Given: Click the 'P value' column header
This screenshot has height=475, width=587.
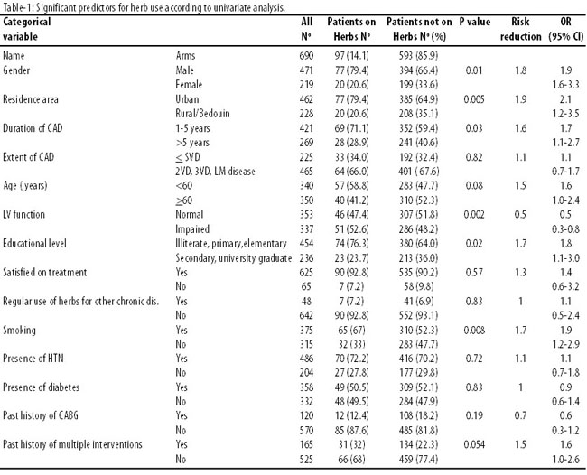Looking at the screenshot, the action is click(475, 22).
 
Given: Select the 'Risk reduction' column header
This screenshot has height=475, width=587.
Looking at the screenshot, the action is click(521, 29).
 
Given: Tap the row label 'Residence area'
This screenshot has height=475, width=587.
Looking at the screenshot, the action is click(31, 99).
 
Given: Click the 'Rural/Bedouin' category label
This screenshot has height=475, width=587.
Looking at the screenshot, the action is click(202, 114).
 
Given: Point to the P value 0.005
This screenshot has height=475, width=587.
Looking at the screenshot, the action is click(474, 99).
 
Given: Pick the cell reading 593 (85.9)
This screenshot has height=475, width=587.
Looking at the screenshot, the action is click(418, 56).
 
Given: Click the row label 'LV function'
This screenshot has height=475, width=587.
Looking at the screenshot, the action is click(23, 215).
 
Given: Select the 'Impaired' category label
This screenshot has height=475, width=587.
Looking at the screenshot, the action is click(192, 229).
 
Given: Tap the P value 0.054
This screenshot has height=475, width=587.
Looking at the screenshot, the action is click(474, 444).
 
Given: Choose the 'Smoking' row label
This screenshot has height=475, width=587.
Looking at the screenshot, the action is click(20, 331).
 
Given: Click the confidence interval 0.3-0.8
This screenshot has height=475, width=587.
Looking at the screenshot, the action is click(565, 229).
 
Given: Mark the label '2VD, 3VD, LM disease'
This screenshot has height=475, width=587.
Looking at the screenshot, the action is click(215, 172).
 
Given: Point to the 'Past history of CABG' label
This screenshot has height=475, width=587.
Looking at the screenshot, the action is click(41, 416).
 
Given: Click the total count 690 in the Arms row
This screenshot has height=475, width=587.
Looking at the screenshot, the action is click(306, 56).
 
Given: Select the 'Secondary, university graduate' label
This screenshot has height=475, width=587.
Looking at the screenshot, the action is click(234, 258).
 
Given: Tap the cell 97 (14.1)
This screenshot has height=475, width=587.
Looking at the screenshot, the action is click(351, 56).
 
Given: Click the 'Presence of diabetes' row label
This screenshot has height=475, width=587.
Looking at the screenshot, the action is click(42, 387).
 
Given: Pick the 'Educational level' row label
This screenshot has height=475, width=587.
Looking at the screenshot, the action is click(34, 243).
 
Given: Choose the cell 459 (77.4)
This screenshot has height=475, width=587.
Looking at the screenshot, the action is click(418, 460).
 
